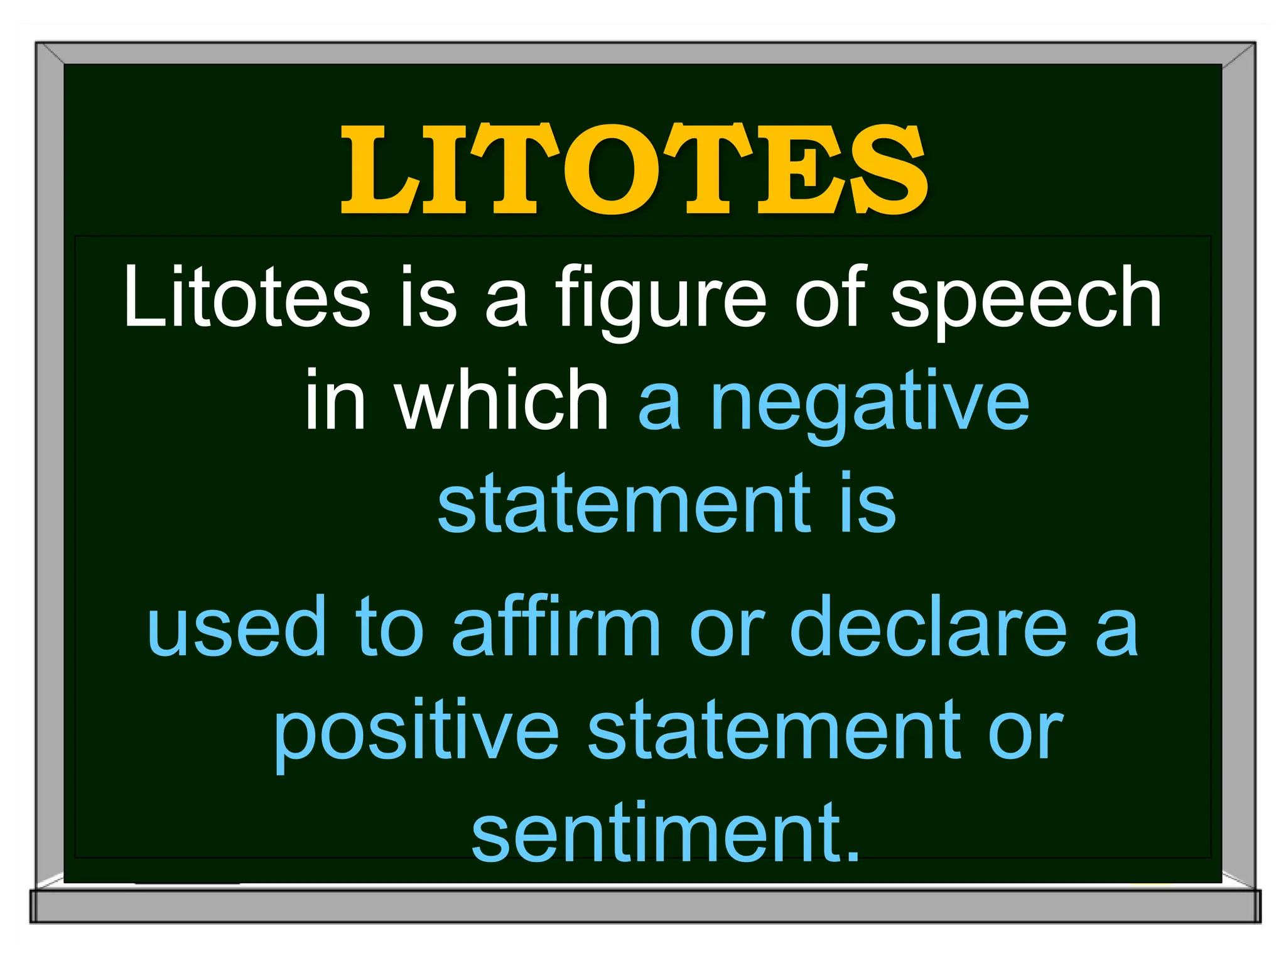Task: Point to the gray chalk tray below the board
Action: tap(645, 906)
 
